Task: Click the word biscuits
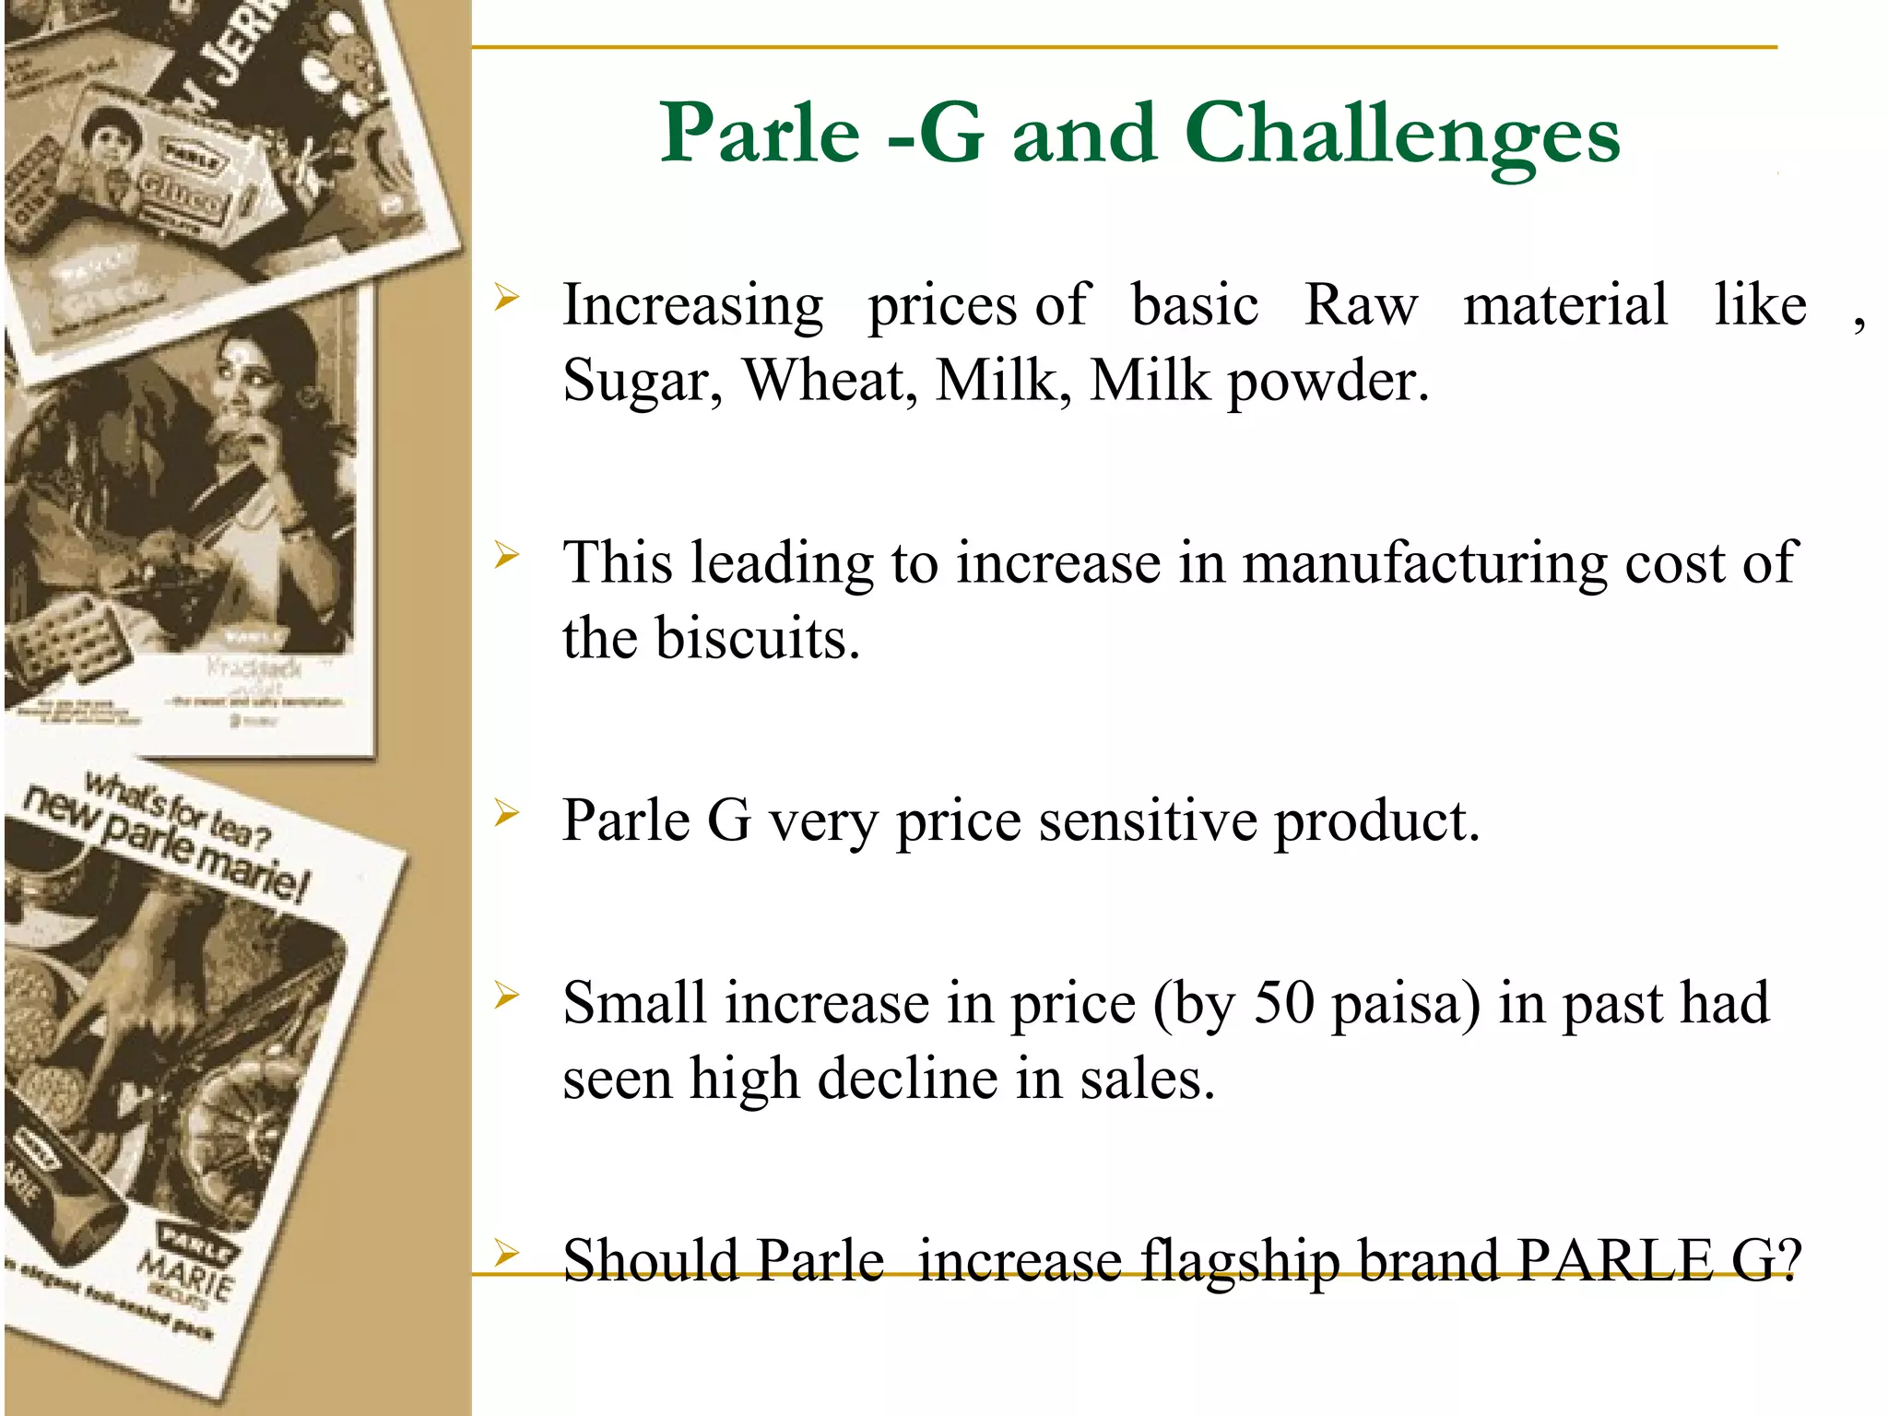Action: click(758, 638)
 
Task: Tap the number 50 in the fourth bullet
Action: click(1283, 1003)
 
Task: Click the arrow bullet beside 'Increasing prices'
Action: click(507, 297)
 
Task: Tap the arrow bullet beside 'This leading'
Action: click(507, 555)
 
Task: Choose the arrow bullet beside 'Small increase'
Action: click(507, 996)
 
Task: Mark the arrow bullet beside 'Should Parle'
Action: click(507, 1253)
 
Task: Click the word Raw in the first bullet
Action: click(1361, 304)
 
